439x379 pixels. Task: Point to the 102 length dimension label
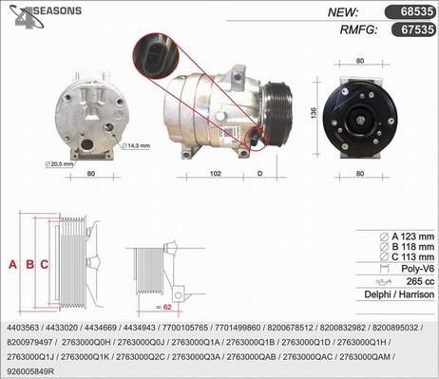[x=216, y=175]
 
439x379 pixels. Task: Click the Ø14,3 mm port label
[x=135, y=144]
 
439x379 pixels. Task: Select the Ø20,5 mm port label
[x=60, y=163]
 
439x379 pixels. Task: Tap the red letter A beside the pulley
[x=12, y=265]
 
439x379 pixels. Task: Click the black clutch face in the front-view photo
[x=360, y=120]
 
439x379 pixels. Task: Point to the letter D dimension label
[x=259, y=175]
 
